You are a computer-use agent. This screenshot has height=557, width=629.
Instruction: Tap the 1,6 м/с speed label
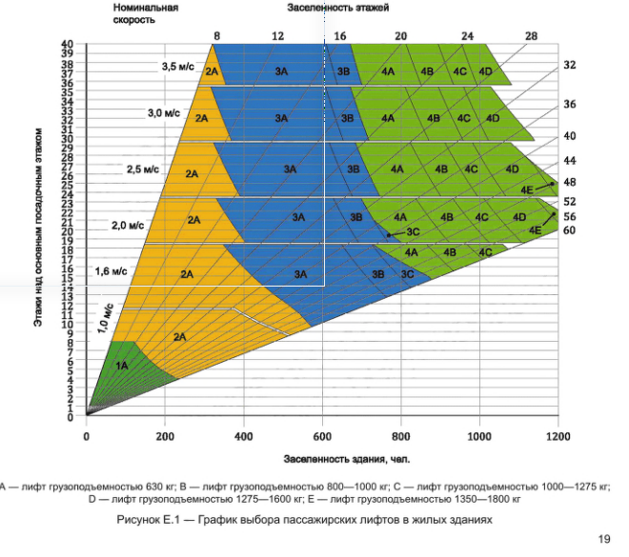(x=112, y=271)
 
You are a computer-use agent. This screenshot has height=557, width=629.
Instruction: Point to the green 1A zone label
(x=122, y=365)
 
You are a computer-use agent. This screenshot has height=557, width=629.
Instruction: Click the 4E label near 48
(x=527, y=189)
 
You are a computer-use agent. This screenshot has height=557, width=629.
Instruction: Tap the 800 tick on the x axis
(x=400, y=435)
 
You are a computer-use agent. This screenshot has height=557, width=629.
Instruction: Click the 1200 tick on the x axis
(x=558, y=435)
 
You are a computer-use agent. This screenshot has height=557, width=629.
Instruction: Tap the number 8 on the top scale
(x=217, y=35)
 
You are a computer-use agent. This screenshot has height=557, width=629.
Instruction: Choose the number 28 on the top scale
(x=531, y=35)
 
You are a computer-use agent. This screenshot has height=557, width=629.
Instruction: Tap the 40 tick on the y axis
(x=67, y=45)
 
